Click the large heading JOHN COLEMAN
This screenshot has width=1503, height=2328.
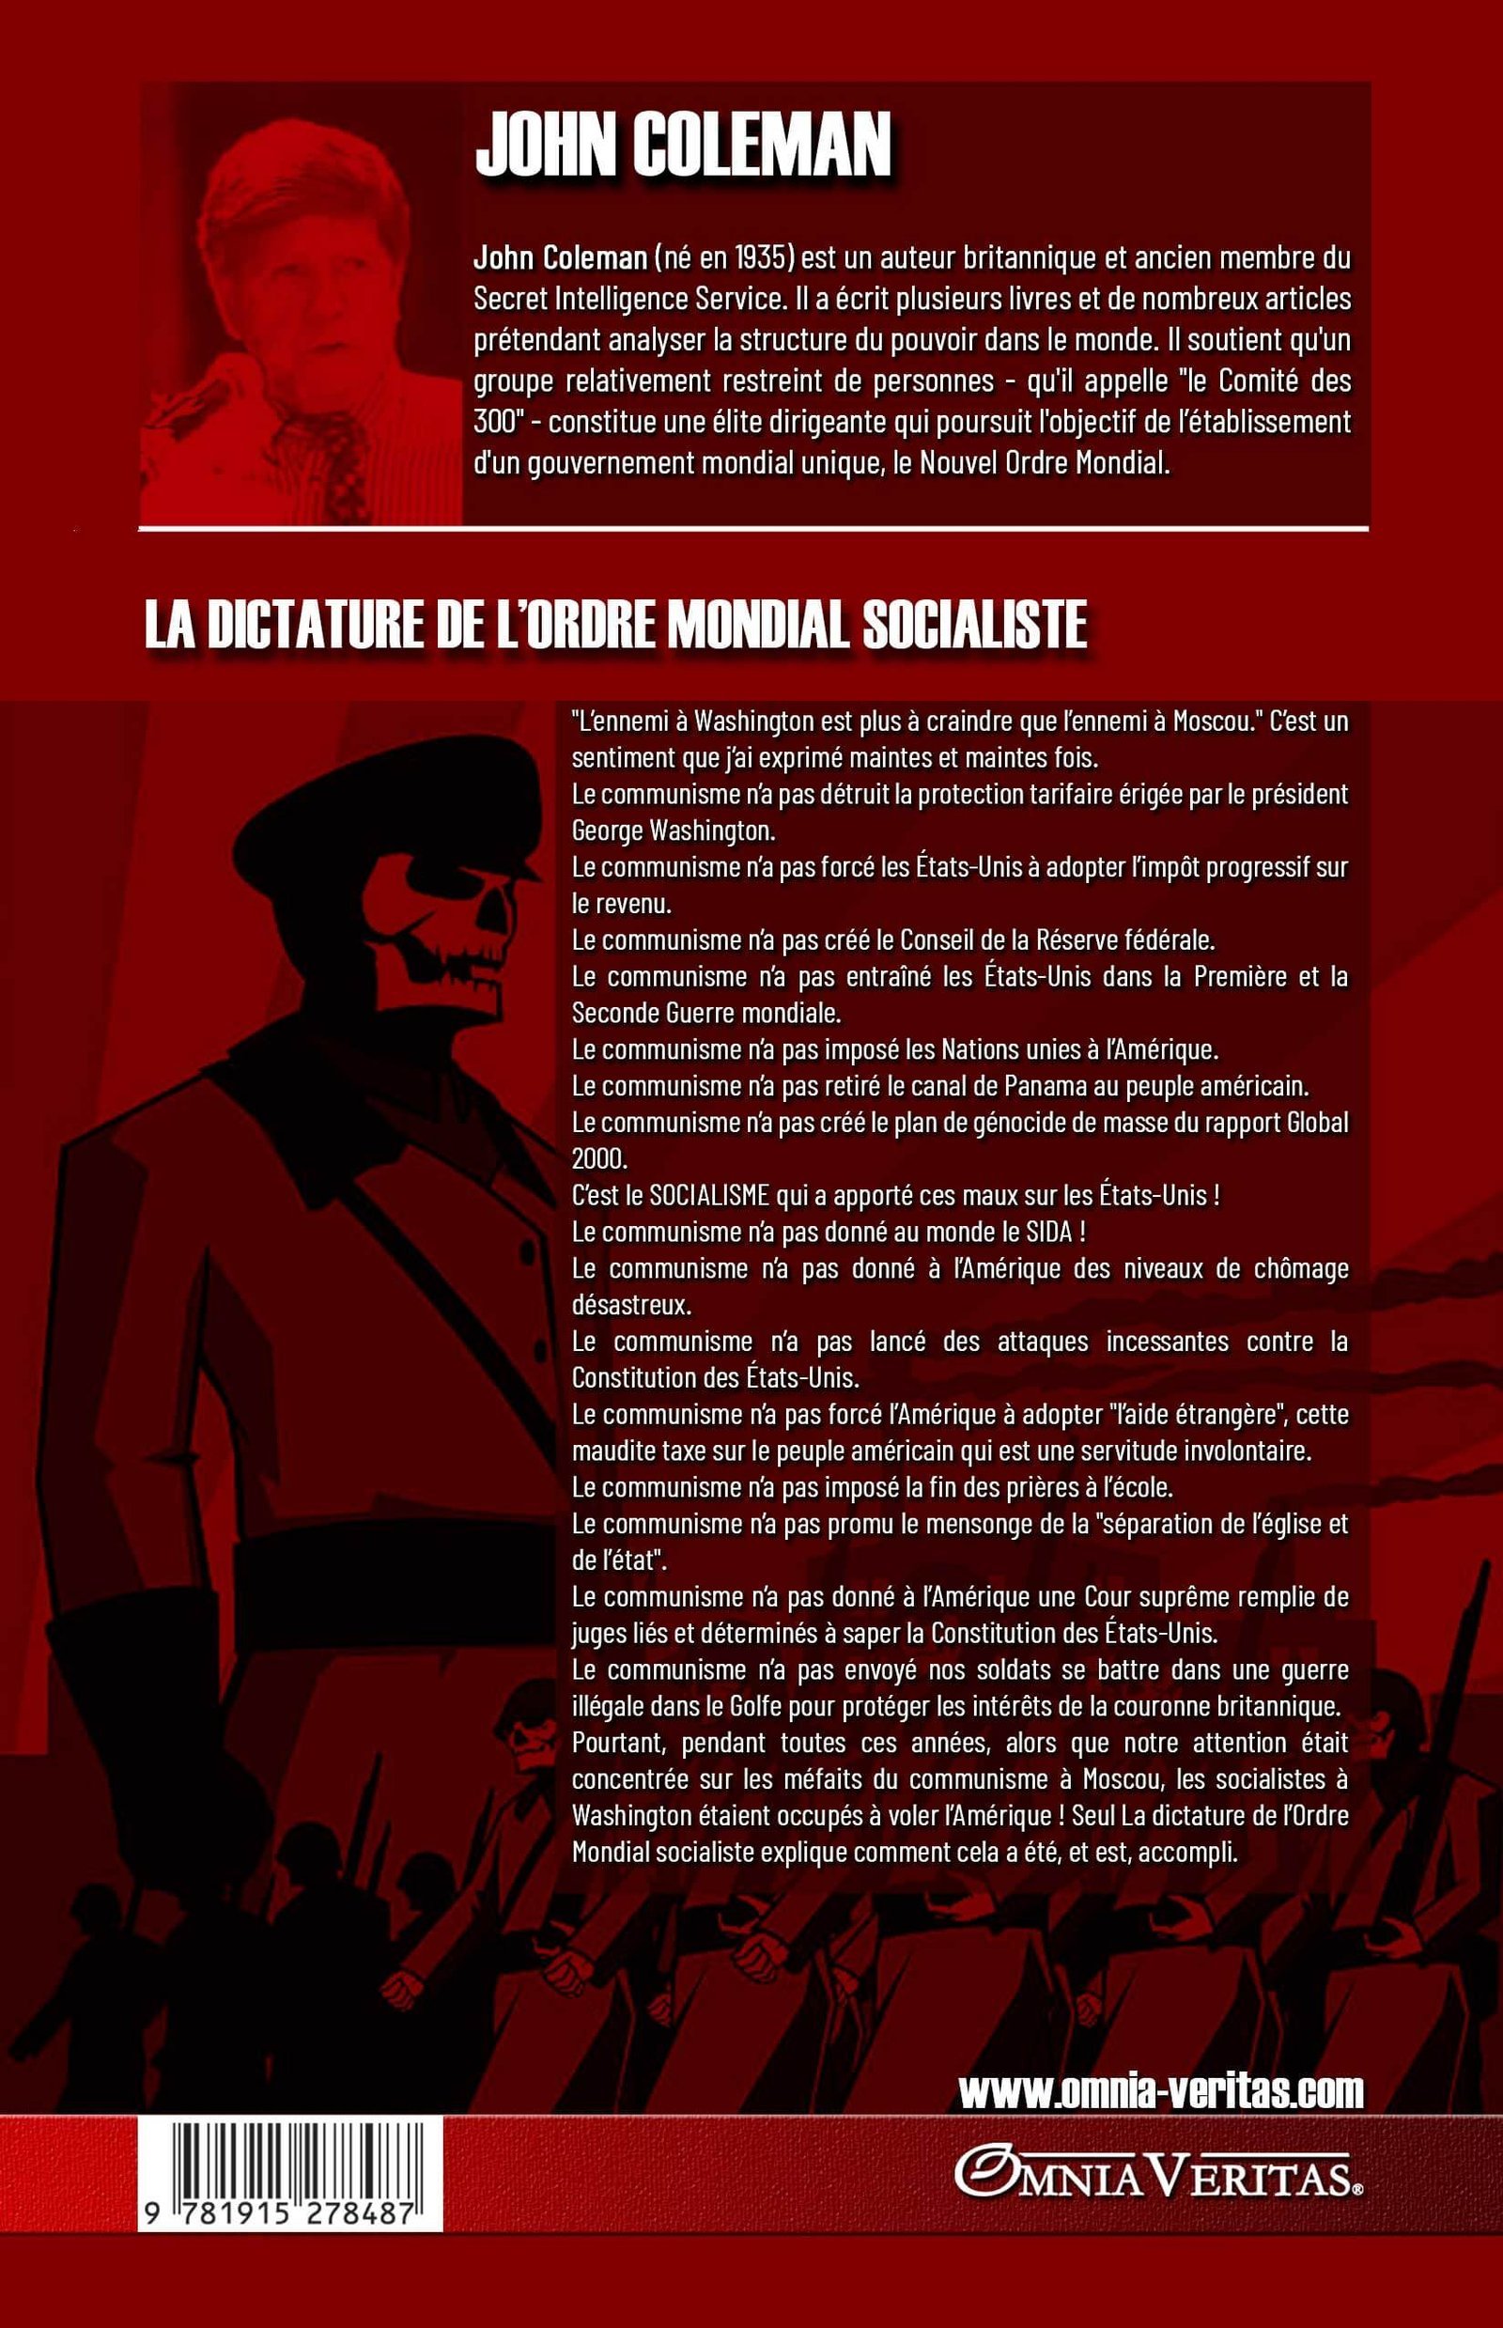[x=683, y=146]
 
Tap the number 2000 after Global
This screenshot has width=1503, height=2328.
[x=597, y=1158]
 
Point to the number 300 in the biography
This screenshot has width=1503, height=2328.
[x=494, y=421]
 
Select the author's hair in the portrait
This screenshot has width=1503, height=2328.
[x=302, y=205]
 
